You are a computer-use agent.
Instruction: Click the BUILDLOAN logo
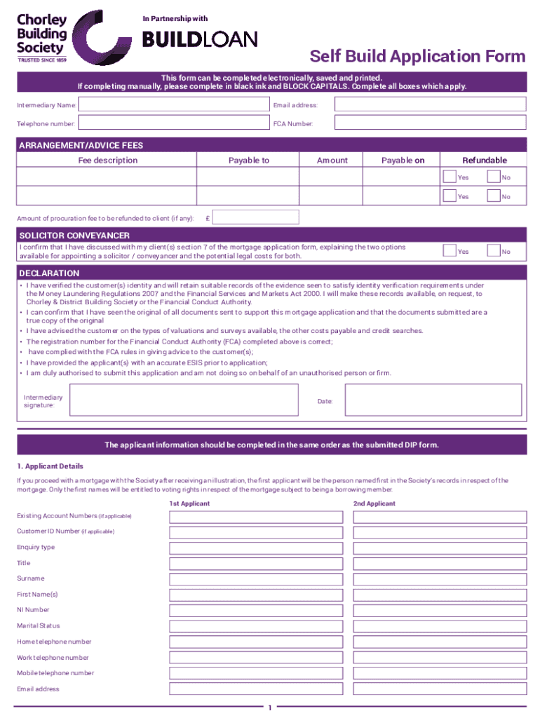(x=200, y=40)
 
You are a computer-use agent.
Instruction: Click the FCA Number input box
(x=430, y=123)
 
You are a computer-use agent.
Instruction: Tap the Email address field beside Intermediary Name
(x=430, y=104)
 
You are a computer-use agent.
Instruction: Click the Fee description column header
(x=107, y=161)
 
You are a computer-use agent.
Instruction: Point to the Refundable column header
(x=484, y=161)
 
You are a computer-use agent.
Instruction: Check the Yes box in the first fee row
(x=449, y=177)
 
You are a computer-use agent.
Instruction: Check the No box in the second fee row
(x=493, y=196)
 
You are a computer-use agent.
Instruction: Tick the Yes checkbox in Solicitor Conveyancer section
(x=449, y=250)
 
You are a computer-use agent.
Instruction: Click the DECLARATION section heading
(x=49, y=273)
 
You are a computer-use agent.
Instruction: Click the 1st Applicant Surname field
(x=256, y=579)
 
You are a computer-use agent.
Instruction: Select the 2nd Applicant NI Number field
(x=440, y=611)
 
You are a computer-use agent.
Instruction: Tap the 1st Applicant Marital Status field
(x=256, y=626)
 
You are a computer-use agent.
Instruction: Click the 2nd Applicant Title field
(x=440, y=564)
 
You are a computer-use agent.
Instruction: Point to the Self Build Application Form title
(x=417, y=57)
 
